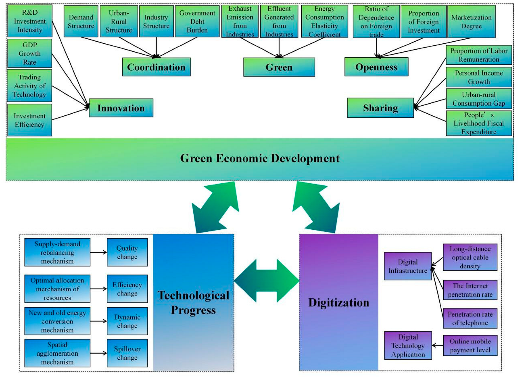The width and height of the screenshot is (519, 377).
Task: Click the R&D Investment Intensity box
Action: coord(30,21)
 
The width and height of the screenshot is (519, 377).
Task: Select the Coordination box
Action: coord(156,67)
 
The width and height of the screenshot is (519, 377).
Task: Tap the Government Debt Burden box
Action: coord(197,22)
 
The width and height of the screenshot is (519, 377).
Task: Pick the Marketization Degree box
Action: coord(471,22)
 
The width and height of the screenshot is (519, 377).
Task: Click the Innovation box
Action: coord(121,108)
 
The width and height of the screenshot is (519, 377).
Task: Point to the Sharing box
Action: coord(380,108)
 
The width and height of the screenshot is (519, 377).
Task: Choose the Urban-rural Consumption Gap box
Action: coord(478,99)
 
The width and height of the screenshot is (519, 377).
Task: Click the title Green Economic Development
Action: coord(260,159)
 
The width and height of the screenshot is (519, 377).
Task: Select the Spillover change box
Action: coord(127,353)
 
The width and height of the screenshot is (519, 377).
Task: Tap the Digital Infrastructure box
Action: coord(408,266)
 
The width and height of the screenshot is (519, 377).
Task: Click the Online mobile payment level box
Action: coord(470,345)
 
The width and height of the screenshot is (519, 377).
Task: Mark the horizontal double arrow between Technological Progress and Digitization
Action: coord(267,281)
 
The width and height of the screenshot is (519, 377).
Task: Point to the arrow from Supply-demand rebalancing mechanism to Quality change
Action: coord(98,252)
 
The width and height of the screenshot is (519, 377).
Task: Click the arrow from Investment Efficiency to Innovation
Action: coord(70,114)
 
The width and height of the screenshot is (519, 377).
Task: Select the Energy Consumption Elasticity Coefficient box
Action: coord(324,22)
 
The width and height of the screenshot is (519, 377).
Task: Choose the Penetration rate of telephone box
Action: coord(470,319)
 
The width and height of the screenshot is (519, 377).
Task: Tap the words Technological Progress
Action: coord(193,303)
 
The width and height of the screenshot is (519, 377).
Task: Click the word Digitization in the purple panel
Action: coord(339,303)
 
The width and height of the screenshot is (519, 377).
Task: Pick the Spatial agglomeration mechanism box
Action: coord(57,353)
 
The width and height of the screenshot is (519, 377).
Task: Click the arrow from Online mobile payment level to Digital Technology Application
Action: coord(437,345)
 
